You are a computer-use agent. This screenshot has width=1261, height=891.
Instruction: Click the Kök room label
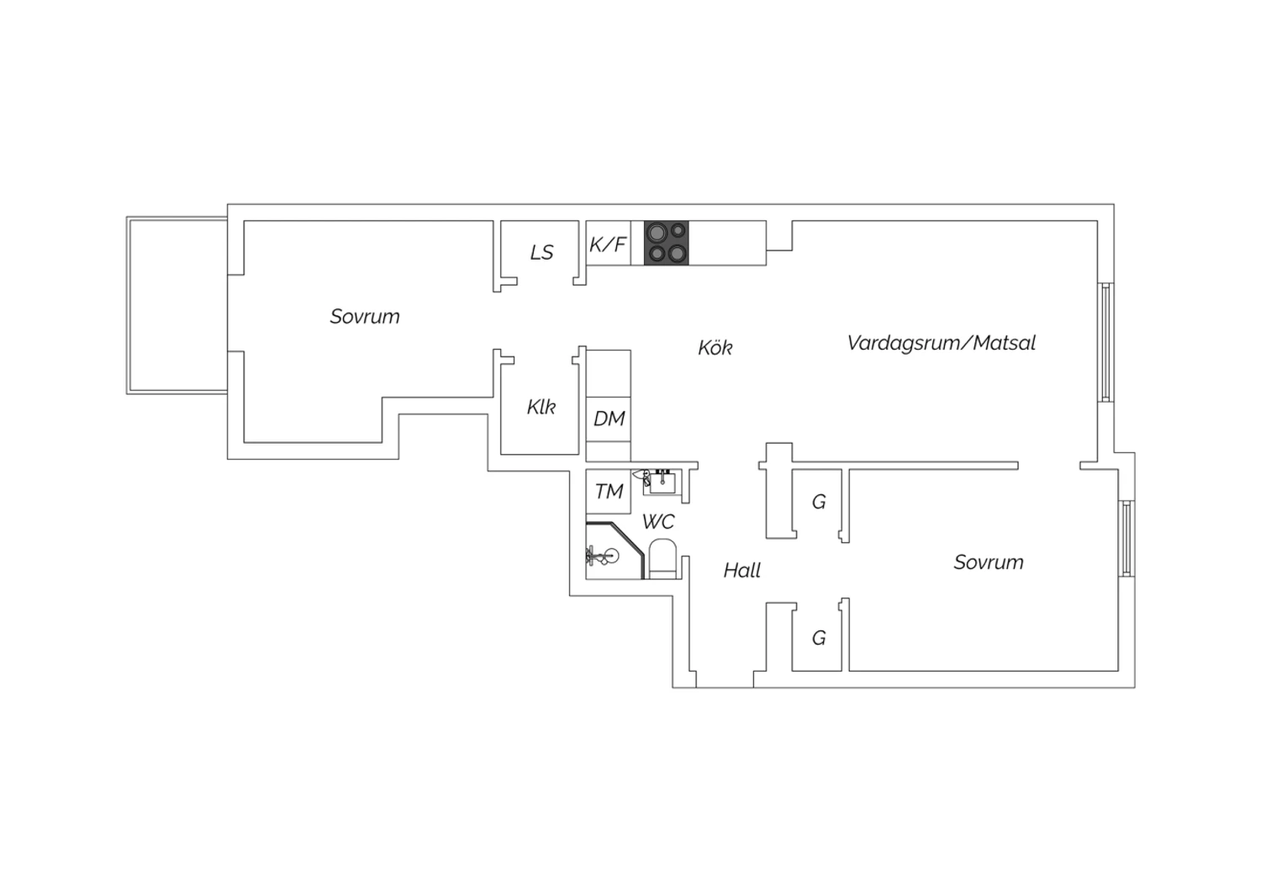pos(715,347)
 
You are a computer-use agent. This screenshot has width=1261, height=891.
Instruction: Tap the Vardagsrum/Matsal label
pos(942,343)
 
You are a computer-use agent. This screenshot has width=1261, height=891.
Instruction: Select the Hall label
pos(742,570)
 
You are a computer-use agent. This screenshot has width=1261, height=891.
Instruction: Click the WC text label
pos(658,522)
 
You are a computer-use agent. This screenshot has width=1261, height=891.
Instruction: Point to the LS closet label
pos(541,252)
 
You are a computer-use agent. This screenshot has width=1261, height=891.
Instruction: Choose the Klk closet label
pos(541,406)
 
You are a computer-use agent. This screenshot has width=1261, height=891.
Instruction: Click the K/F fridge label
pos(608,245)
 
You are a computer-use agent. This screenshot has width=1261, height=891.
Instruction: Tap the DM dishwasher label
pos(609,419)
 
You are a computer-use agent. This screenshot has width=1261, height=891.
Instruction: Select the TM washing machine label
pos(609,492)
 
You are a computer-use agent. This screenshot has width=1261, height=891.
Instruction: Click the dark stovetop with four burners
pos(666,243)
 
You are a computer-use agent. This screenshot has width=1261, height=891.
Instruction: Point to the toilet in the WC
pos(662,559)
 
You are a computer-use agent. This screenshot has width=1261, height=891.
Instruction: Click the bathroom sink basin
pos(662,482)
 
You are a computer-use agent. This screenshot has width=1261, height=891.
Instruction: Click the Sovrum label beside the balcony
pos(365,316)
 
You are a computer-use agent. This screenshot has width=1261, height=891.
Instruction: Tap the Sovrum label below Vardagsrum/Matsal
pos(989,561)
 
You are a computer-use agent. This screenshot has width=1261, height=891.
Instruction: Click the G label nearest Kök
pos(819,501)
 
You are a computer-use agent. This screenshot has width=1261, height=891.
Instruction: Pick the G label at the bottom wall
pos(819,638)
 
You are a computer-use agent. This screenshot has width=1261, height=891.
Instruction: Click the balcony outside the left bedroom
pos(177,305)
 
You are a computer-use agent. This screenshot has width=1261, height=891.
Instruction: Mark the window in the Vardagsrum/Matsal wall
pos(1105,342)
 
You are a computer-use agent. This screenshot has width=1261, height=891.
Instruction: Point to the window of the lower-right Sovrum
pos(1126,539)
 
